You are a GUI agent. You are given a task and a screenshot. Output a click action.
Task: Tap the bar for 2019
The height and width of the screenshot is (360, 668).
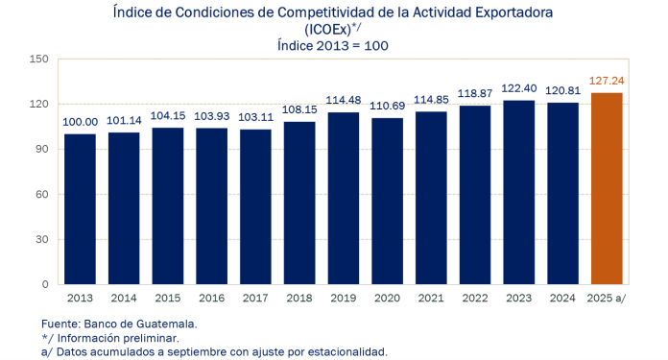coord(345,199)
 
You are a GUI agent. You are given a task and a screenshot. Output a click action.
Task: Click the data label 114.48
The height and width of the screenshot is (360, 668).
coord(345,102)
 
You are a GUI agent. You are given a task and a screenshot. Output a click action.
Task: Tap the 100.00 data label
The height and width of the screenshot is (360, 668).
coord(81,124)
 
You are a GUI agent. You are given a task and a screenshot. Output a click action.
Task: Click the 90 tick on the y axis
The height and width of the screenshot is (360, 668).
coord(42,150)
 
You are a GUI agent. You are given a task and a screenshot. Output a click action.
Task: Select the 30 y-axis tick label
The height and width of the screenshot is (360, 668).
coord(42,240)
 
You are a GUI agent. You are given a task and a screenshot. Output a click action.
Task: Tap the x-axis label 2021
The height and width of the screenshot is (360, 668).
coord(433,300)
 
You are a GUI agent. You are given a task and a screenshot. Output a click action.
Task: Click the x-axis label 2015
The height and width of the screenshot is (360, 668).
coord(168,300)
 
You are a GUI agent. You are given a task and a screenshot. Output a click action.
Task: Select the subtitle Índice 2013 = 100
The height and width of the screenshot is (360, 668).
coord(334,44)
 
